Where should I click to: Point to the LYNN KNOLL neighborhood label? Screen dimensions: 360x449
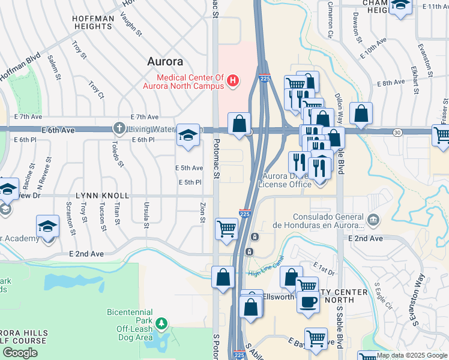tap(103, 196)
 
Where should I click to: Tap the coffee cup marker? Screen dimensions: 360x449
tap(308, 302)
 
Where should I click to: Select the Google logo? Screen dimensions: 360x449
tap(20, 353)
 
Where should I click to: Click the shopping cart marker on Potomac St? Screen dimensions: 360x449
tap(226, 229)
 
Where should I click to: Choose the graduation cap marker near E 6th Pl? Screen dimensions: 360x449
tap(188, 136)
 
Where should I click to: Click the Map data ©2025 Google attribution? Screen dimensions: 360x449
tap(412, 355)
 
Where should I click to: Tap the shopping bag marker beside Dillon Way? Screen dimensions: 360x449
tap(361, 113)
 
